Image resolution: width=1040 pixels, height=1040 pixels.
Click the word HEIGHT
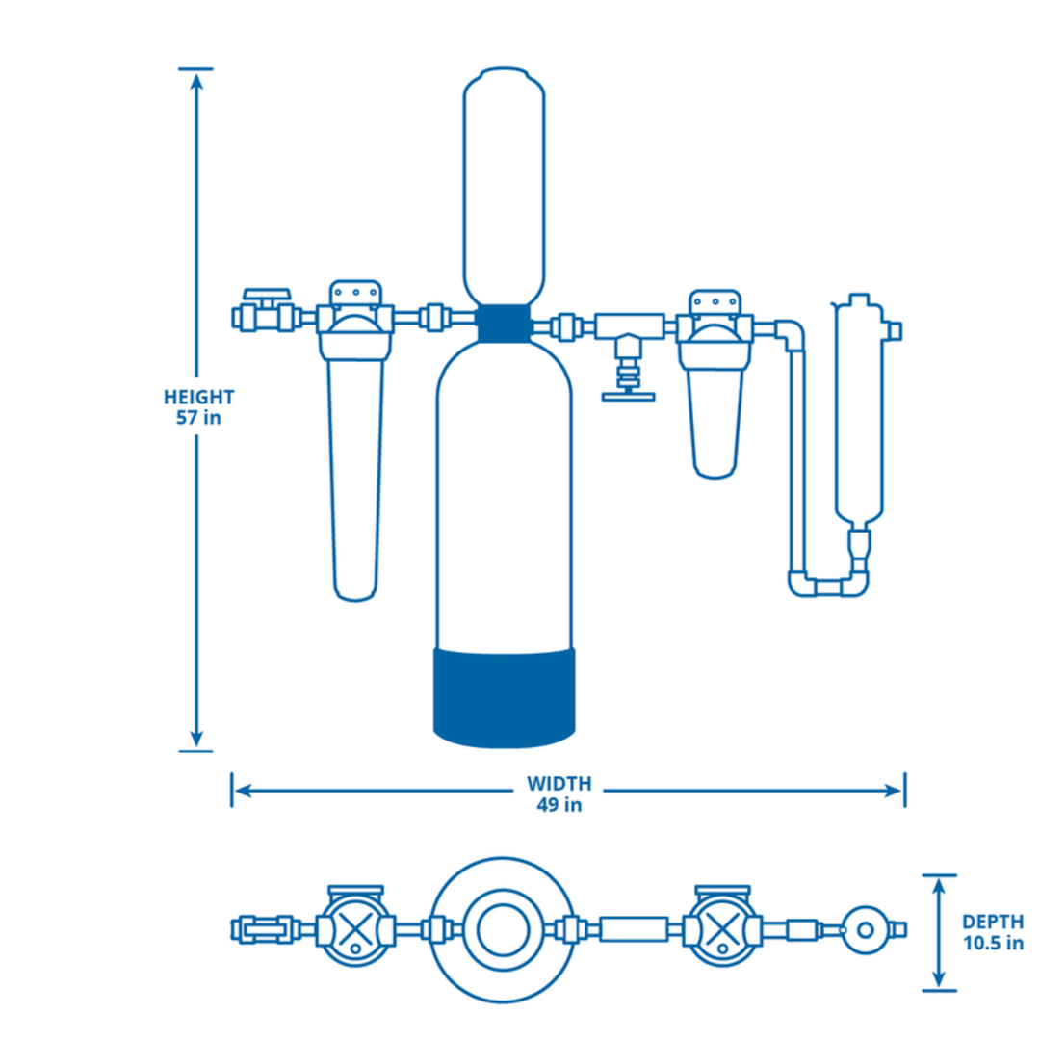(x=199, y=397)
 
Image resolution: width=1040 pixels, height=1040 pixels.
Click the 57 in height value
(x=199, y=418)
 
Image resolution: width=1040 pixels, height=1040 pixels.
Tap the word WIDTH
(x=559, y=783)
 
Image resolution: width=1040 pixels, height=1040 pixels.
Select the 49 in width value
(x=559, y=805)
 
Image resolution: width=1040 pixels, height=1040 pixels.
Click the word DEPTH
(x=992, y=922)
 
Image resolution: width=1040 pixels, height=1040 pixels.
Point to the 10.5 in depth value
(x=992, y=944)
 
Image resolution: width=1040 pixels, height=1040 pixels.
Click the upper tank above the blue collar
(x=504, y=183)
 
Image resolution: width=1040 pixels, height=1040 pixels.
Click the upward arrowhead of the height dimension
(x=196, y=82)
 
